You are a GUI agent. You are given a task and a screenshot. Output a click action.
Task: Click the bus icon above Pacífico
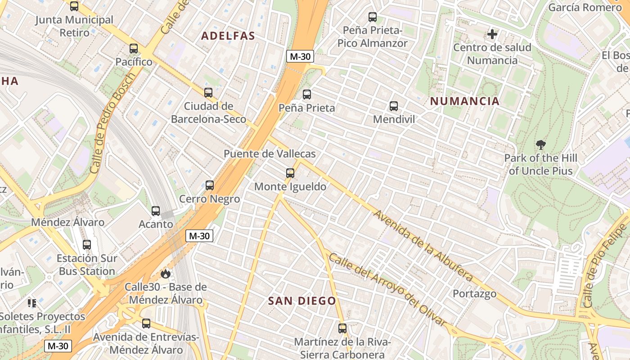click(134, 49)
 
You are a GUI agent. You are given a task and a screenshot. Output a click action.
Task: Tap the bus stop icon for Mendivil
click(394, 106)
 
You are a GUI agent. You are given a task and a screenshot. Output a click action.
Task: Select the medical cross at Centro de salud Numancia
click(492, 34)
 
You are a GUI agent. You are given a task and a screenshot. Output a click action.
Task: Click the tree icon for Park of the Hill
click(541, 145)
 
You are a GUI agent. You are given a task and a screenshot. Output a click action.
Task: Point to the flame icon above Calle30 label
click(166, 274)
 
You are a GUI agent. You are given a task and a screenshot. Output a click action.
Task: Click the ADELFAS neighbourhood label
click(228, 36)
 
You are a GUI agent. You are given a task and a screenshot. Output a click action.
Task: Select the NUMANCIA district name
click(465, 101)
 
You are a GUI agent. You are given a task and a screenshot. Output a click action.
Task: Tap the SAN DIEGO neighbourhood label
click(302, 301)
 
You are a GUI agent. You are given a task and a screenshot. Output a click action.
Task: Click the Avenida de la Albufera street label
click(423, 246)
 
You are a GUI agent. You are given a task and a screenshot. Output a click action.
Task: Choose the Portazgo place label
click(475, 294)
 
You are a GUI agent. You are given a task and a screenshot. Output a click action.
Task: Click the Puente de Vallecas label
click(270, 154)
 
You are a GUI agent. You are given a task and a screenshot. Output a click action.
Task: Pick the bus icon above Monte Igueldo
click(290, 173)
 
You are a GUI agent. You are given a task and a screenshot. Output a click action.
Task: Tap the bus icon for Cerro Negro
click(210, 185)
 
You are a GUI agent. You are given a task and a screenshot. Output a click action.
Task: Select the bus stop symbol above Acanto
click(156, 211)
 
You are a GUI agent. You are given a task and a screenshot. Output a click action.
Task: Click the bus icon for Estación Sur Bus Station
click(87, 245)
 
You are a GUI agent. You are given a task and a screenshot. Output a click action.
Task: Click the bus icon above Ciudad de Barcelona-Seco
click(208, 93)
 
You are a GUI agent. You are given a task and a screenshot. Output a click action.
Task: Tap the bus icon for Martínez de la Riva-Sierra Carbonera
click(342, 328)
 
